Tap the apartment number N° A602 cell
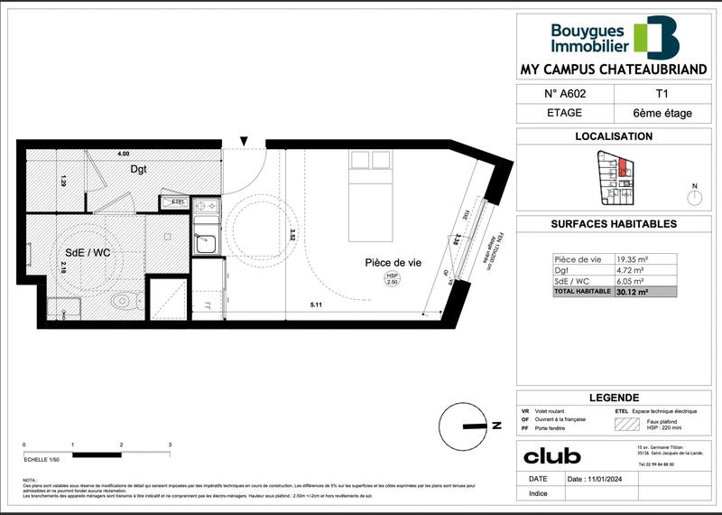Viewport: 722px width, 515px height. coord(565,93)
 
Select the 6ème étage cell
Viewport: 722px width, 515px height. coord(662,114)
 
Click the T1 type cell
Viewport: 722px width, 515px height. coord(662,93)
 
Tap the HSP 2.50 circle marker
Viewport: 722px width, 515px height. coord(393,279)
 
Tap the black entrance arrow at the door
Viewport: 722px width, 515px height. coord(243,141)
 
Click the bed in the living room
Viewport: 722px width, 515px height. coord(370,176)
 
